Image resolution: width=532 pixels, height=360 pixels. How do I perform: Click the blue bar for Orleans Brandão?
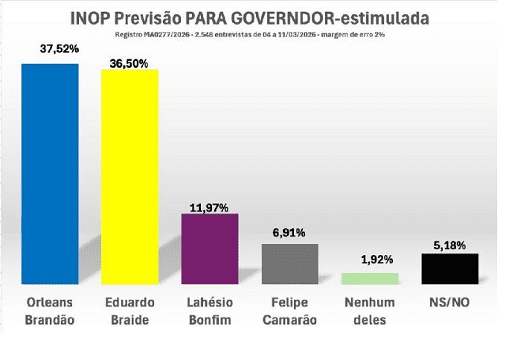(x=49, y=173)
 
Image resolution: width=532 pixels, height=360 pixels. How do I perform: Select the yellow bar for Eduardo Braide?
(x=129, y=176)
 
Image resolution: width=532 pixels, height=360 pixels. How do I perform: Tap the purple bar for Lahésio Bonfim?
(x=210, y=248)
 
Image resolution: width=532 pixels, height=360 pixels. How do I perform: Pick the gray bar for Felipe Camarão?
(x=289, y=263)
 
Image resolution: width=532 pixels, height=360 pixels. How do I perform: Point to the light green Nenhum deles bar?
(x=370, y=278)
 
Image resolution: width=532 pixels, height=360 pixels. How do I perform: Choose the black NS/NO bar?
(x=449, y=268)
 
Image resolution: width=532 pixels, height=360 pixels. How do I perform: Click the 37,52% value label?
(x=59, y=50)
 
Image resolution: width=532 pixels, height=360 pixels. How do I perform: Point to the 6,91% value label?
(x=289, y=233)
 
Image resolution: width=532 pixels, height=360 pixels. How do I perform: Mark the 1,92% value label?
(x=369, y=260)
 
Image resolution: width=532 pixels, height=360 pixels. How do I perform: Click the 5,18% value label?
(x=449, y=243)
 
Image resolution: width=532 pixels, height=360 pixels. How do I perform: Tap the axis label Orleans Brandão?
(x=49, y=311)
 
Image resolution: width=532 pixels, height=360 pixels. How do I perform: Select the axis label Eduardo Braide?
(x=129, y=311)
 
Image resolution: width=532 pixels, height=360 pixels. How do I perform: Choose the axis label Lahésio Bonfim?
(x=210, y=311)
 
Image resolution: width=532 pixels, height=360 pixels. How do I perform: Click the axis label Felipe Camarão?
(x=289, y=311)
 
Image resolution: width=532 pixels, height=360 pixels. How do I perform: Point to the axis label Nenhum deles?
(x=370, y=311)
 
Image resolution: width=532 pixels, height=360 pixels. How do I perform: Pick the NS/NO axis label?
(x=449, y=303)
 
